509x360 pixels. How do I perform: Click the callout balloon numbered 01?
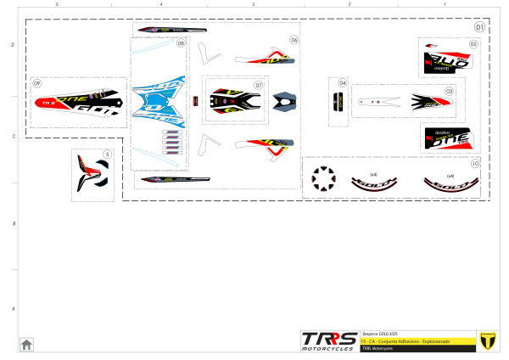coord(479,26)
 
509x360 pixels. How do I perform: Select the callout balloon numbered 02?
coord(473,43)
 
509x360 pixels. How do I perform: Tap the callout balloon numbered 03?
coord(449,91)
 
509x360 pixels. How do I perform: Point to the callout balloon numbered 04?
coord(343,83)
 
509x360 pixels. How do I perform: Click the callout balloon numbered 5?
coord(106,155)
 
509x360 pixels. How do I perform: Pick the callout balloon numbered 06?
coord(294,40)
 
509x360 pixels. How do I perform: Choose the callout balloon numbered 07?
coord(258,85)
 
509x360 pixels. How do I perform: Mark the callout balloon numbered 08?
coord(181,43)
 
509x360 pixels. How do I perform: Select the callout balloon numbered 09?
coord(36,83)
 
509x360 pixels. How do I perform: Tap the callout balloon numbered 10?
coord(475,163)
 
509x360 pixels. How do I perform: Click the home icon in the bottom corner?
coord(26,344)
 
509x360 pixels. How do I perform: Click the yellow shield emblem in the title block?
coord(487,340)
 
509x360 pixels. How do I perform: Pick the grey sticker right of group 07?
coord(284,101)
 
